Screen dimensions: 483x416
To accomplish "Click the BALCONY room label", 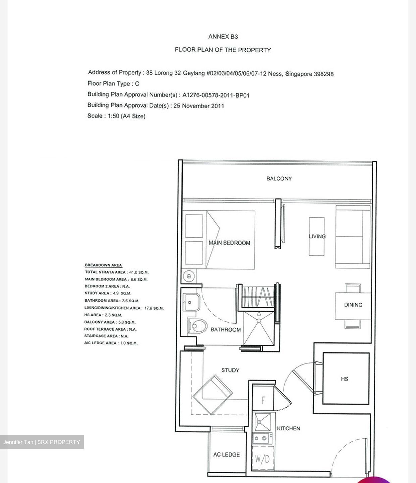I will click(x=279, y=179).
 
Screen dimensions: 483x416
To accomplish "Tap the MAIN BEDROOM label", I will click(x=229, y=243).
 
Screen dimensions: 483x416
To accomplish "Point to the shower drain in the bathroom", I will click(x=259, y=321).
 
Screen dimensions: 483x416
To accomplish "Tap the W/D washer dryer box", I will click(x=262, y=459).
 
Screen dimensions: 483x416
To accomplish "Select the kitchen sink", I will click(x=263, y=422).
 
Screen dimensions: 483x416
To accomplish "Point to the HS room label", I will click(x=344, y=379).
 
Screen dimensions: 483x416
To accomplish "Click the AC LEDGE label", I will click(x=226, y=455).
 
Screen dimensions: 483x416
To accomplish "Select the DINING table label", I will click(x=353, y=305).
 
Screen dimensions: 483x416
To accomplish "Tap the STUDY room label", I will click(x=230, y=370).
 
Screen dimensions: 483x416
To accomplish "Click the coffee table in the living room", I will click(x=317, y=236).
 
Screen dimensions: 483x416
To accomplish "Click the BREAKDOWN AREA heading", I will click(x=103, y=265).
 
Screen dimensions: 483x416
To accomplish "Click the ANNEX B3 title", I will click(x=223, y=37).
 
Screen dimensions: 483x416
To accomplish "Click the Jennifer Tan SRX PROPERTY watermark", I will click(x=42, y=442).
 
